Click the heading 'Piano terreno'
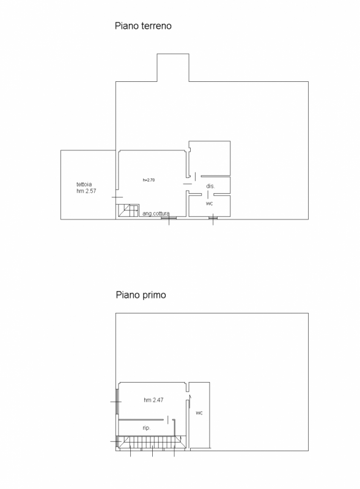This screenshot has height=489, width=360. [143, 26]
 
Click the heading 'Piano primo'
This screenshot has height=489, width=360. [141, 295]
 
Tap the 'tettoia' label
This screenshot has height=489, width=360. [84, 185]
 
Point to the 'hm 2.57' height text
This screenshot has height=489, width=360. [86, 191]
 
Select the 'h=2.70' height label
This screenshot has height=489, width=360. [149, 180]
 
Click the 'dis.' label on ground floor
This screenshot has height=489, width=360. [211, 186]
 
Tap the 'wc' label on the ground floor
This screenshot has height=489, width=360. [209, 204]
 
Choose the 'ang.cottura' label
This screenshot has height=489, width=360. [156, 213]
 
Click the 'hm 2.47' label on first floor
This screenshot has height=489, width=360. [153, 400]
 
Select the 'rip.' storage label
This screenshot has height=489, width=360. [147, 428]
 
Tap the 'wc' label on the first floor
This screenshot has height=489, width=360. [199, 413]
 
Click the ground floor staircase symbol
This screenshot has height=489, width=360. [127, 211]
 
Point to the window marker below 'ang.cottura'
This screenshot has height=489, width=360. [169, 219]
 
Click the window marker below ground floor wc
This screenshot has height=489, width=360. [213, 219]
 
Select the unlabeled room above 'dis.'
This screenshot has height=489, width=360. [210, 158]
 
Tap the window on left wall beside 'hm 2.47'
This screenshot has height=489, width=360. [117, 402]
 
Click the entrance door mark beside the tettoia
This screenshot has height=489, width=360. [117, 197]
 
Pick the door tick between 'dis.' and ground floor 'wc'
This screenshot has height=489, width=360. [208, 194]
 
